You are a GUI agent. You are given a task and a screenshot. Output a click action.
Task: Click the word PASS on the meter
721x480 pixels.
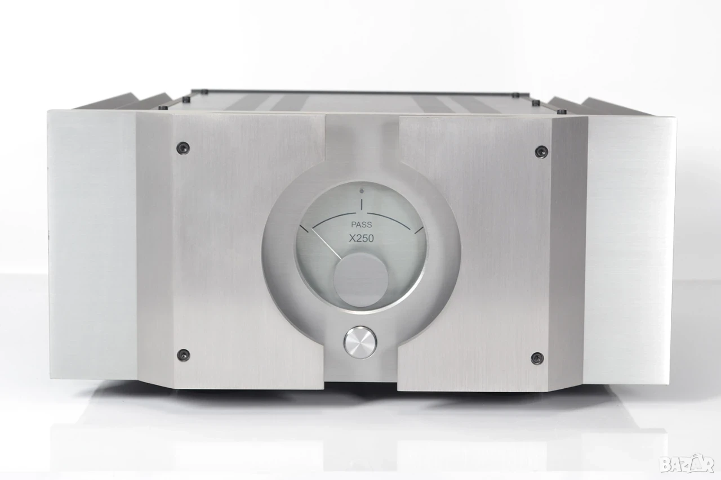tap(361, 225)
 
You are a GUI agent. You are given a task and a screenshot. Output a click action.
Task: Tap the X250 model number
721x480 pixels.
tap(362, 239)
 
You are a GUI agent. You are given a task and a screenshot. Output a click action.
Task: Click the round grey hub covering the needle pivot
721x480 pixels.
tap(361, 279)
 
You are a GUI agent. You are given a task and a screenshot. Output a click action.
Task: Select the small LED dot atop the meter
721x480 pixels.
tap(362, 191)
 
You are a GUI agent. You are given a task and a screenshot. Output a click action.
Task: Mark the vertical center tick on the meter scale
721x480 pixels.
tap(362, 204)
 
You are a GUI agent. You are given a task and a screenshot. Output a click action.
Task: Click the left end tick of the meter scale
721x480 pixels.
tap(304, 228)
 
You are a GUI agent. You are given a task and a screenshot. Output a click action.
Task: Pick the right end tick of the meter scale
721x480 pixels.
tap(419, 231)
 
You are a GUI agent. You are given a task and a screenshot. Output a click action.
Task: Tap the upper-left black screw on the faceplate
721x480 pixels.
tap(184, 148)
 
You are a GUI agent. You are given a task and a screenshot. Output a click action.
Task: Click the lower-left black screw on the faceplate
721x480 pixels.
tap(184, 355)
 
